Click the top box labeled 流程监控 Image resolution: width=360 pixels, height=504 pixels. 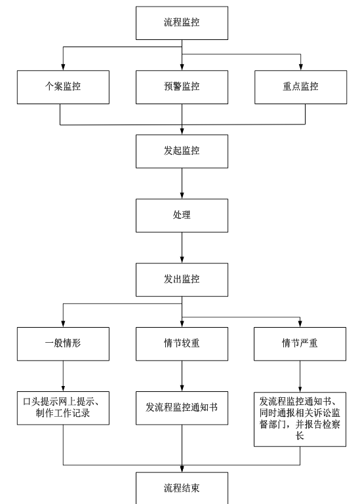pos(182,23)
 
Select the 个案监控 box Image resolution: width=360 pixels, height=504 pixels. pos(63,87)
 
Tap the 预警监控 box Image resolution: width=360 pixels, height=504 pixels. pos(182,87)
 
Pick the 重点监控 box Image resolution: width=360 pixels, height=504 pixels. pos(300,87)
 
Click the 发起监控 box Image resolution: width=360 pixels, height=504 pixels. pos(182,151)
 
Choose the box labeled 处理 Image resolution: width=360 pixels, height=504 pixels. pos(182,216)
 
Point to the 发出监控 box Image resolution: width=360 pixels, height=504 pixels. pos(182,280)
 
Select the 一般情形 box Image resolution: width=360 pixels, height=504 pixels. pos(63,344)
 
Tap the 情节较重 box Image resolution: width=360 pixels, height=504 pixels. pos(182,344)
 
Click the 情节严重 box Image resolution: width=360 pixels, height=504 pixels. pos(300,344)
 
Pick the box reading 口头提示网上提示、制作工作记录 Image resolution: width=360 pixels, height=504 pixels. pos(63,408)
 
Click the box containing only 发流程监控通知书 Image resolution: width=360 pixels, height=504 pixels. pos(182,408)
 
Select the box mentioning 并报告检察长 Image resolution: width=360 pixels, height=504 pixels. pos(300,419)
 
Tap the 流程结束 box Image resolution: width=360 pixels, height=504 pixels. pos(182,488)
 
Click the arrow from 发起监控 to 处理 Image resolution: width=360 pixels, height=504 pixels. pos(182,184)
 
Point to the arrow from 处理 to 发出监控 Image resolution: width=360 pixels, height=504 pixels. pos(182,248)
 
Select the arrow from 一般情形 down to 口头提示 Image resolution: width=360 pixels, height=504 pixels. pos(63,376)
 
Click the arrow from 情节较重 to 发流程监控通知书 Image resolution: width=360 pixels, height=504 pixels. pos(182,376)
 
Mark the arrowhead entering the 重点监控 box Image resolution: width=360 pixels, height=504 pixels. pos(301,67)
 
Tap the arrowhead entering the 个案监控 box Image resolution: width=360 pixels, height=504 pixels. pos(63,67)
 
